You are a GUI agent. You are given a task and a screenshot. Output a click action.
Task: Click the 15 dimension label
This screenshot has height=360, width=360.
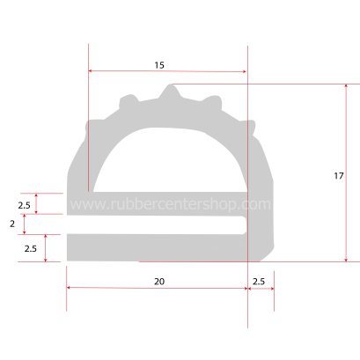click(158, 65)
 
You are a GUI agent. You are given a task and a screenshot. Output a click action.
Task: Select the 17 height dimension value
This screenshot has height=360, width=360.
click(339, 176)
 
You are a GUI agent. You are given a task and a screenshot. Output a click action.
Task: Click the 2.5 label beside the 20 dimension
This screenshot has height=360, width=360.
click(260, 282)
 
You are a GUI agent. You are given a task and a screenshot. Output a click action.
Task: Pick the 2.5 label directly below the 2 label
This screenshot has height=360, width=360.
click(29, 249)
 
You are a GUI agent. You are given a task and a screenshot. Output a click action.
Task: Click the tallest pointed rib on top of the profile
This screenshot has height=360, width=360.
click(171, 91)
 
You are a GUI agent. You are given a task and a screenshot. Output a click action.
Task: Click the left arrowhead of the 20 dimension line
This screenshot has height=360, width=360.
click(70, 290)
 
